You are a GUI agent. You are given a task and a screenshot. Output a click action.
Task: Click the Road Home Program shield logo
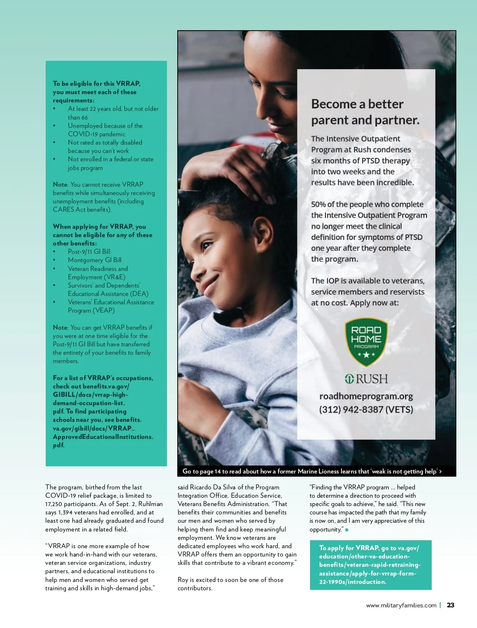click(x=366, y=342)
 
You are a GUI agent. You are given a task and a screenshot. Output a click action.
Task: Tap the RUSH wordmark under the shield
click(x=366, y=379)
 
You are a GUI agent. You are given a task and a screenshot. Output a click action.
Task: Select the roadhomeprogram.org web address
click(x=366, y=396)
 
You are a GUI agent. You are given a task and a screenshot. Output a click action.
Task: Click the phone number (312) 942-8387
click(x=366, y=410)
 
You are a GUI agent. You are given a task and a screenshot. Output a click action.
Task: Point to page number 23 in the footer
click(x=450, y=605)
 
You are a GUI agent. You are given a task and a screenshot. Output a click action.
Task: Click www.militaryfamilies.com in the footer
click(x=401, y=605)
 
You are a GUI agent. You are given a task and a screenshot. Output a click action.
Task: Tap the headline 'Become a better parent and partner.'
click(x=365, y=112)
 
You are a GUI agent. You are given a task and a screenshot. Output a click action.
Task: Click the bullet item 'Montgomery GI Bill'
click(x=95, y=260)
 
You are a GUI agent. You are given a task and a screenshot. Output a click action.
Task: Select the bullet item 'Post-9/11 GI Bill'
click(x=89, y=251)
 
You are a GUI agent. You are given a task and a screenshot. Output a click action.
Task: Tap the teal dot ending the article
click(x=347, y=529)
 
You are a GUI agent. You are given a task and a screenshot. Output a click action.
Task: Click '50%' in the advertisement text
click(x=318, y=205)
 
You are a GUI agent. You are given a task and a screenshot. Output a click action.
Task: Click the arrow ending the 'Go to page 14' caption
click(x=441, y=471)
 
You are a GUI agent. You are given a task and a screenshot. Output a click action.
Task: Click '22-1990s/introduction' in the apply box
click(x=352, y=582)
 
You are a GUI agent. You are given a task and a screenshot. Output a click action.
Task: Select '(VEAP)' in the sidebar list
click(x=103, y=311)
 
